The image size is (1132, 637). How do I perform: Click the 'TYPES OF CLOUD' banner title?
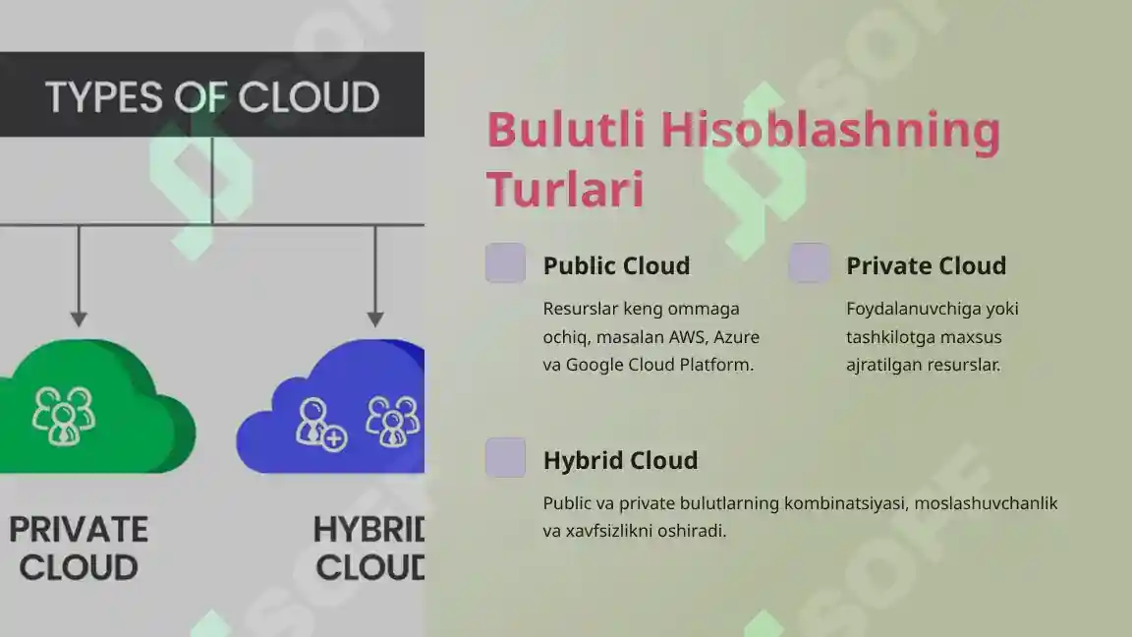pos(212,97)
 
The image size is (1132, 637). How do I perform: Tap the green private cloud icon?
pos(97,406)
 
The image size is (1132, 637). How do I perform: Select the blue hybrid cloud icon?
pos(330,406)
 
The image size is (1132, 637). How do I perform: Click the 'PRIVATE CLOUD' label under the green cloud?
pos(78,549)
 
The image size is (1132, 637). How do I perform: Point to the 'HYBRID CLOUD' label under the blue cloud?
pos(369,549)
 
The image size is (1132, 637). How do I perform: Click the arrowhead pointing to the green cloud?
pos(79,318)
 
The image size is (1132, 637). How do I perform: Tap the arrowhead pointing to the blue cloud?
pos(375,318)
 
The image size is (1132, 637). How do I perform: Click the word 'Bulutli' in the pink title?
pos(565,130)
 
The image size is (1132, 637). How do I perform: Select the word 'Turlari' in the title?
pos(565,190)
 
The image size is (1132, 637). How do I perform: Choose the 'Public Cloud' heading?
pos(616,265)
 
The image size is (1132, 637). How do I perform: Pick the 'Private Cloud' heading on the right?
pos(927,265)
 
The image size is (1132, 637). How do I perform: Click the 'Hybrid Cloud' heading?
pos(620,461)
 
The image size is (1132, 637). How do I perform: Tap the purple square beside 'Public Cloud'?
pos(505,262)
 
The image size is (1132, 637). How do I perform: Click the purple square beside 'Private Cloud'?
pos(809,262)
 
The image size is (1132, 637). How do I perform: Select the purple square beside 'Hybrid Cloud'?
pos(505,457)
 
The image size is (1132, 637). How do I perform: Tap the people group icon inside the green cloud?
pos(64,415)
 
